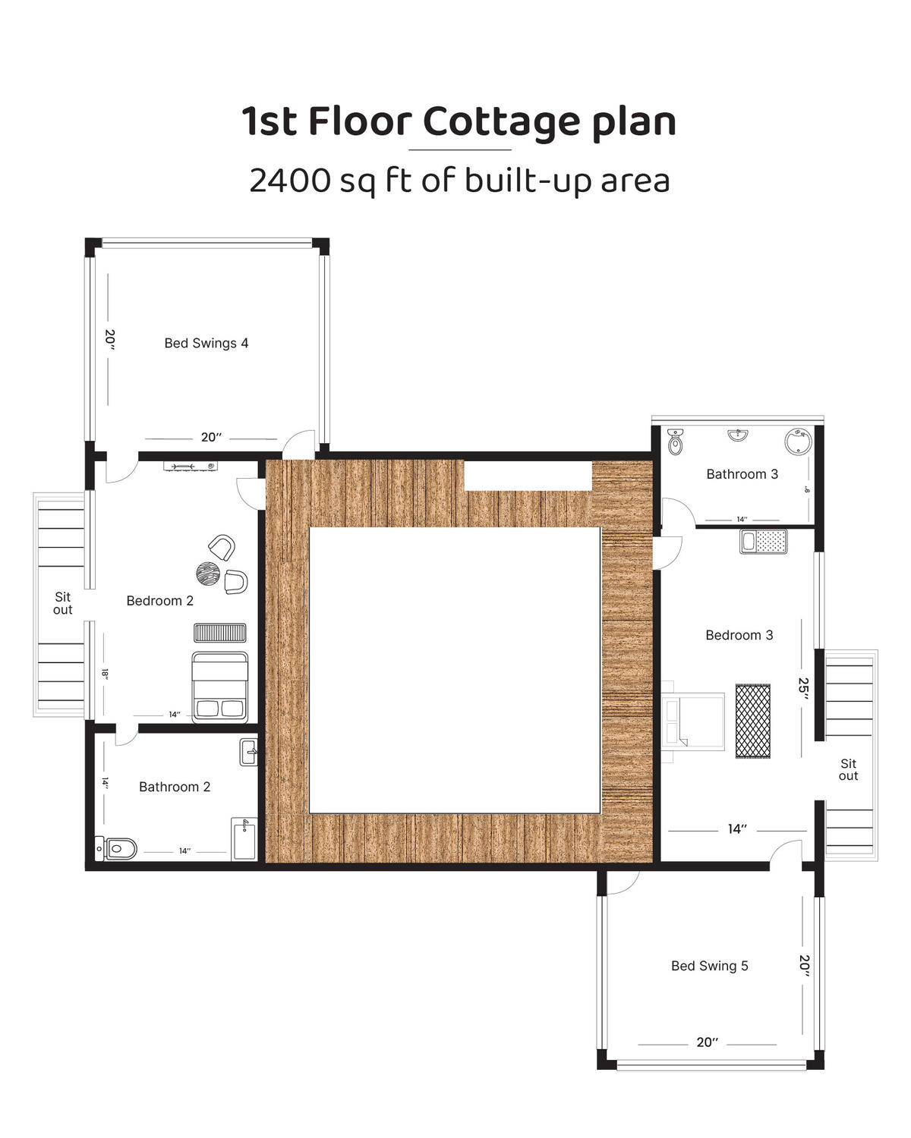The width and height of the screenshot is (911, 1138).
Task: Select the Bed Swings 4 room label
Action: (x=206, y=343)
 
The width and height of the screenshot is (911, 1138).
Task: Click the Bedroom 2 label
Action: (x=160, y=601)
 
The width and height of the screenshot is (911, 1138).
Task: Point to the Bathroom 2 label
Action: (x=175, y=787)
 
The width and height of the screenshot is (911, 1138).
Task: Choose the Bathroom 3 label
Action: (x=742, y=474)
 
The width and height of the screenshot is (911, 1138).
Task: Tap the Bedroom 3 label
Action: (x=739, y=635)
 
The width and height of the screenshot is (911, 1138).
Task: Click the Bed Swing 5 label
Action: (x=709, y=966)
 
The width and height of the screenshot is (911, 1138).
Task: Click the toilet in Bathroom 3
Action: (x=675, y=442)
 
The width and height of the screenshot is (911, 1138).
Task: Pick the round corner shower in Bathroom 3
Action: (x=798, y=442)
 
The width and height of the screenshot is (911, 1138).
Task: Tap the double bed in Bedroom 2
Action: (x=219, y=687)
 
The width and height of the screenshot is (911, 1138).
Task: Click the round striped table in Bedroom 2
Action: (x=207, y=574)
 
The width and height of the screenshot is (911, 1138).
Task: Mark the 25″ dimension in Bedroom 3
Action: (x=803, y=688)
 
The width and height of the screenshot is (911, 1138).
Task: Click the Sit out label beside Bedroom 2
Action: (x=62, y=603)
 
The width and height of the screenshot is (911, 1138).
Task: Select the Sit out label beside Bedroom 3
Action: (x=848, y=769)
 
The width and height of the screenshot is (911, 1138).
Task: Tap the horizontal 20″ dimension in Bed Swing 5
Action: (x=708, y=1042)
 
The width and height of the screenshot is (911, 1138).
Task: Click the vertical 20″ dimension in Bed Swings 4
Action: (x=110, y=339)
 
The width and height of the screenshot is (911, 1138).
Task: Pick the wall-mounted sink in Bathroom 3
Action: (x=738, y=435)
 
